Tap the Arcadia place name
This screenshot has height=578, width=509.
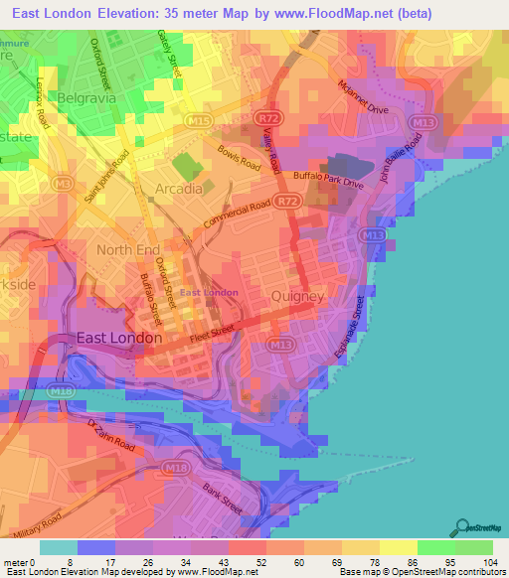(x=179, y=188)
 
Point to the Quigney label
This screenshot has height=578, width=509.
(x=297, y=296)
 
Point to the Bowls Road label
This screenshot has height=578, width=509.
(x=240, y=159)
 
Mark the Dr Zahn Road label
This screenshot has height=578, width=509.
(x=110, y=436)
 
